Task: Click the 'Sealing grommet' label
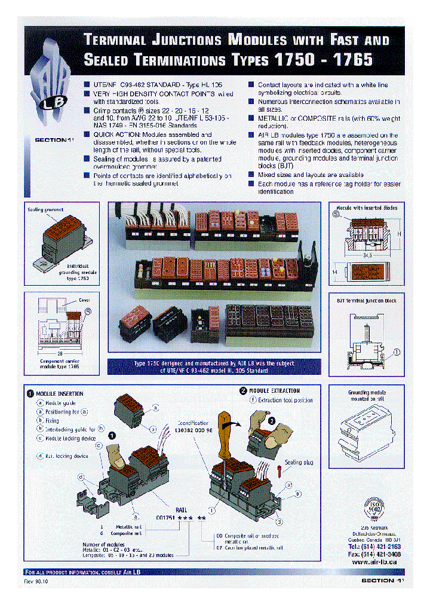click(46, 210)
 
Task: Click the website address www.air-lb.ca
click(376, 562)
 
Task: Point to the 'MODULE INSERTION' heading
click(60, 394)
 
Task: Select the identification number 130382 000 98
click(193, 429)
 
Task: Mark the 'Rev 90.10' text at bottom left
click(36, 580)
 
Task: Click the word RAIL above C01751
click(180, 509)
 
